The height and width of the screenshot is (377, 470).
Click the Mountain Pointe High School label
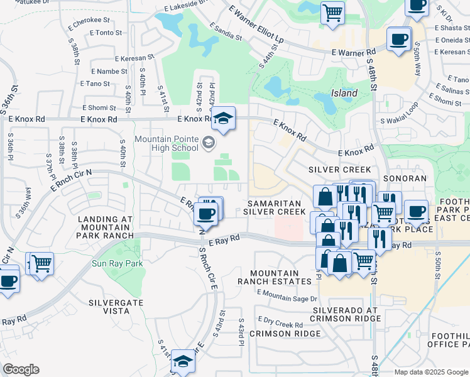(167, 143)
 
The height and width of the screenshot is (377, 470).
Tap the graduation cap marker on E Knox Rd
(223, 117)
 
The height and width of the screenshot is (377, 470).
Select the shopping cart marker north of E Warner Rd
(332, 13)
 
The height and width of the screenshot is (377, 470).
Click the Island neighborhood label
(344, 93)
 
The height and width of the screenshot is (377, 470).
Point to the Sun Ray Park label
(117, 264)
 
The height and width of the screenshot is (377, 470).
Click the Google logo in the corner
(21, 369)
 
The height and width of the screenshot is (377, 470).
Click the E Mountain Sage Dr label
(287, 296)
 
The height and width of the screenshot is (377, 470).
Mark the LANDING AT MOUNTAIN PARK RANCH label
(106, 227)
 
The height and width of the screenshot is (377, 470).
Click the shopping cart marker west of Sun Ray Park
(41, 263)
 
